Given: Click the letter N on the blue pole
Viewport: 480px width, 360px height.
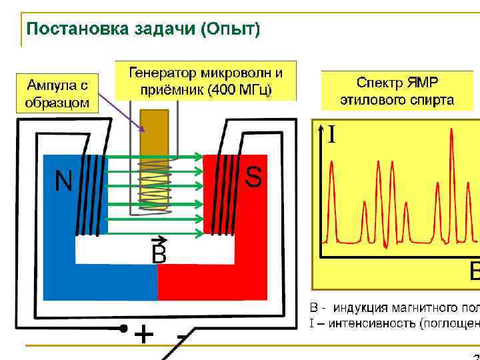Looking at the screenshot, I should [x=63, y=181].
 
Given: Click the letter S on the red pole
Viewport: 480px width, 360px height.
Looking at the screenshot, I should [x=253, y=177].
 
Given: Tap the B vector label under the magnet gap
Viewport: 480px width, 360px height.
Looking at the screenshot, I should [x=159, y=253].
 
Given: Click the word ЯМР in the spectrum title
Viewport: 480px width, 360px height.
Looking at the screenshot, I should [x=422, y=83].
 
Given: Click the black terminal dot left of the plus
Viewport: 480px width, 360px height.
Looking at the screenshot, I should [x=123, y=328].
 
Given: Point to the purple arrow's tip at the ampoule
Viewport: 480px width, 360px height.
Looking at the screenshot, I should [x=144, y=131].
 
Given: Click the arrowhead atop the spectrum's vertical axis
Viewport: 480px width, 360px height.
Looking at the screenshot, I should [x=323, y=127].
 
